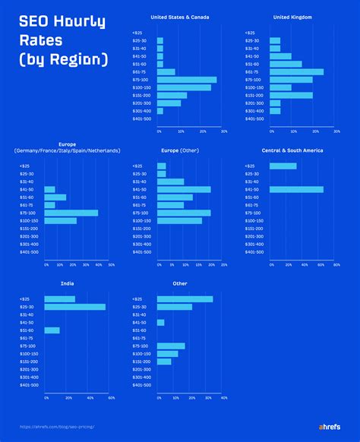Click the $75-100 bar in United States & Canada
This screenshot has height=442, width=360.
[x=187, y=80]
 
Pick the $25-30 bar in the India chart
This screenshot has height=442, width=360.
[x=75, y=307]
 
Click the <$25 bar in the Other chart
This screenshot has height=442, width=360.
[x=185, y=299]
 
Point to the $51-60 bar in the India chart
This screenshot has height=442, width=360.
[x=52, y=330]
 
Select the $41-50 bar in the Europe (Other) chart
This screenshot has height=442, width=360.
[x=184, y=189]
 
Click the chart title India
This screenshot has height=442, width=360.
[x=67, y=283]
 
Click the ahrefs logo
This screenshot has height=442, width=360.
[x=331, y=426]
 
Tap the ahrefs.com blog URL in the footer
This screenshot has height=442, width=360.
[x=62, y=427]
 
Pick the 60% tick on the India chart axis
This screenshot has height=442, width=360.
[x=111, y=398]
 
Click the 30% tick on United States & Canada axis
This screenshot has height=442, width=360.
[x=223, y=131]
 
